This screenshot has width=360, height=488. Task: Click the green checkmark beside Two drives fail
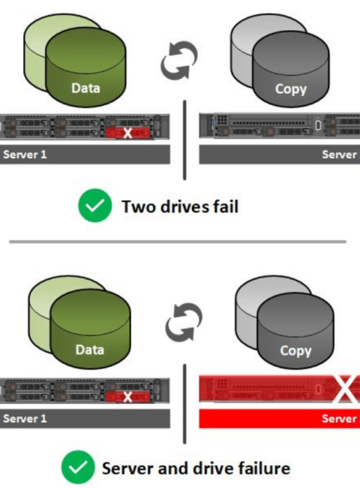pyautogui.click(x=94, y=206)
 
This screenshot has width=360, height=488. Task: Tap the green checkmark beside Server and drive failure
pyautogui.click(x=78, y=467)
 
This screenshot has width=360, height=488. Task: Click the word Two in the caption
pyautogui.click(x=138, y=206)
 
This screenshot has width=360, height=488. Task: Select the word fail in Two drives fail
pyautogui.click(x=226, y=206)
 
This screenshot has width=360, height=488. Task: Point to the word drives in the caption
pyautogui.click(x=184, y=206)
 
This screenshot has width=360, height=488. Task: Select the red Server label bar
pyautogui.click(x=280, y=419)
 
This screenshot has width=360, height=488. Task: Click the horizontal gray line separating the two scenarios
pyautogui.click(x=178, y=242)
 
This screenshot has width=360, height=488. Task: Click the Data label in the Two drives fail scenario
pyautogui.click(x=85, y=88)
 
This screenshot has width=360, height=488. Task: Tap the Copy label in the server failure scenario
pyautogui.click(x=295, y=351)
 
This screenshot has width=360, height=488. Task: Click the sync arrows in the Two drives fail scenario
pyautogui.click(x=178, y=60)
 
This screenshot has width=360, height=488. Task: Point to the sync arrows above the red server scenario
pyautogui.click(x=184, y=322)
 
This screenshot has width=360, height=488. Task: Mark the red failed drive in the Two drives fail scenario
pyautogui.click(x=127, y=133)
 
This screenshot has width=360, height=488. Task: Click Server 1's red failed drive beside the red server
pyautogui.click(x=127, y=397)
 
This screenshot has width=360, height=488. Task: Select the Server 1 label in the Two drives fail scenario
pyautogui.click(x=25, y=155)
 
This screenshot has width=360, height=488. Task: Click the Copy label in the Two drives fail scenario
pyautogui.click(x=291, y=89)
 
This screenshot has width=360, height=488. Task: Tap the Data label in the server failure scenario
pyautogui.click(x=90, y=350)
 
